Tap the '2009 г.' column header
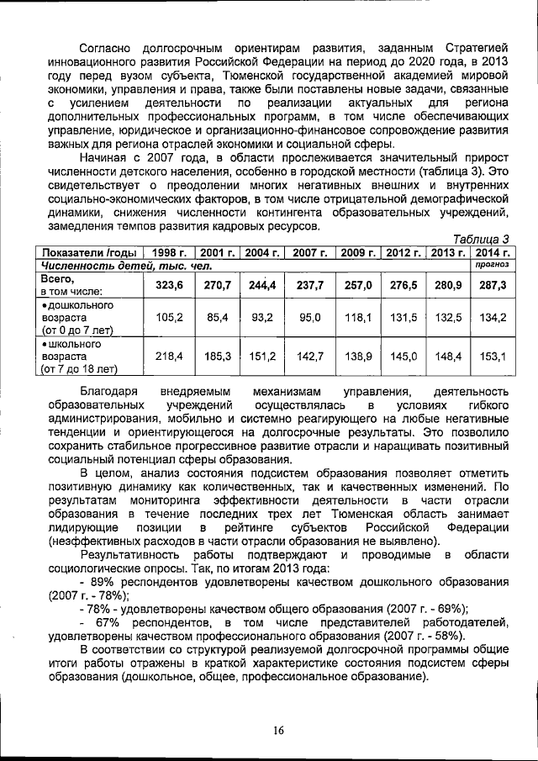pyautogui.click(x=357, y=252)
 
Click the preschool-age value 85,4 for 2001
pyautogui.click(x=217, y=317)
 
